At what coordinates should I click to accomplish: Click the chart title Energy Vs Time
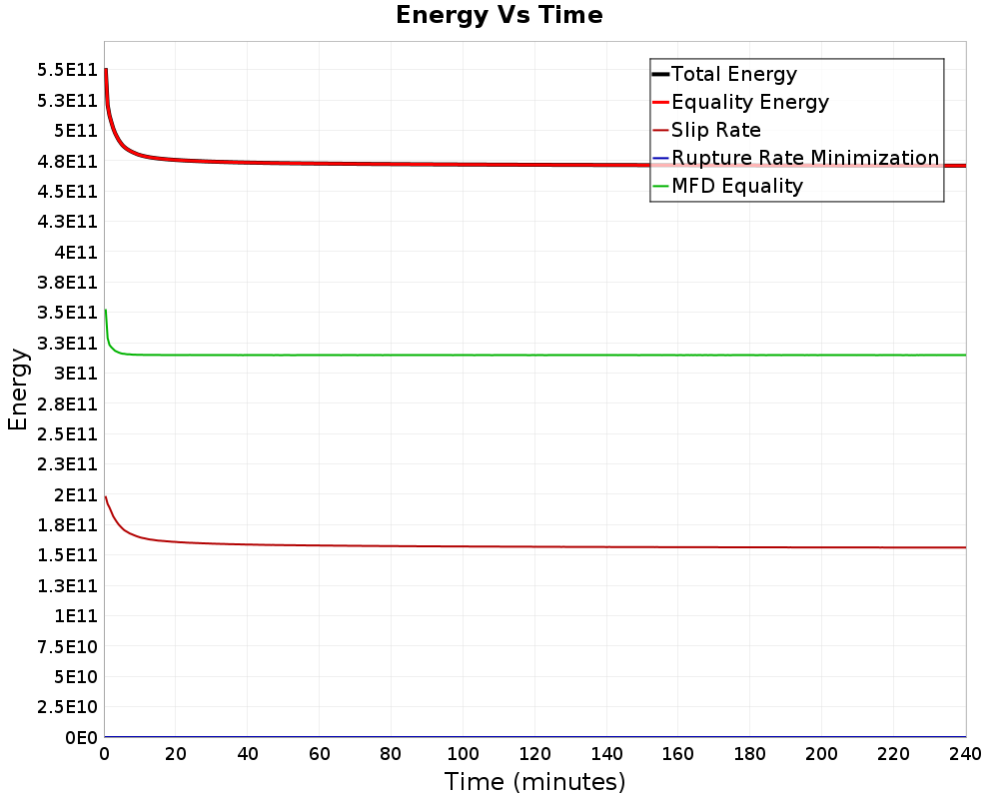499,15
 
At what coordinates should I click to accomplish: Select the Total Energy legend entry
734,74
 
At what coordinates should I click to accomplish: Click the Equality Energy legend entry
749,102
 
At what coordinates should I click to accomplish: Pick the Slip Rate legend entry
715,130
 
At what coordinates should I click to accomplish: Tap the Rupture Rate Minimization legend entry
804,158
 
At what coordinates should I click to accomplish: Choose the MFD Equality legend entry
736,186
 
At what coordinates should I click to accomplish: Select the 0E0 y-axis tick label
80,738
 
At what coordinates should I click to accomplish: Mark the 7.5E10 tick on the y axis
68,646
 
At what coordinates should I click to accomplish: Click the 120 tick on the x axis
534,754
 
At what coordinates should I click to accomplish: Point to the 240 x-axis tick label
965,754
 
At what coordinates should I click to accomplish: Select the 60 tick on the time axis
320,754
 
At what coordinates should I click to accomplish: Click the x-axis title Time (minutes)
534,781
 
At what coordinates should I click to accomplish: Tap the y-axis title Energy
17,388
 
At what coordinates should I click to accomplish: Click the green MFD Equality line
499,355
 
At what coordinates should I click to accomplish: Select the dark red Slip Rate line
499,546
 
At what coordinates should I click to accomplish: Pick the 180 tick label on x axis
750,754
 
